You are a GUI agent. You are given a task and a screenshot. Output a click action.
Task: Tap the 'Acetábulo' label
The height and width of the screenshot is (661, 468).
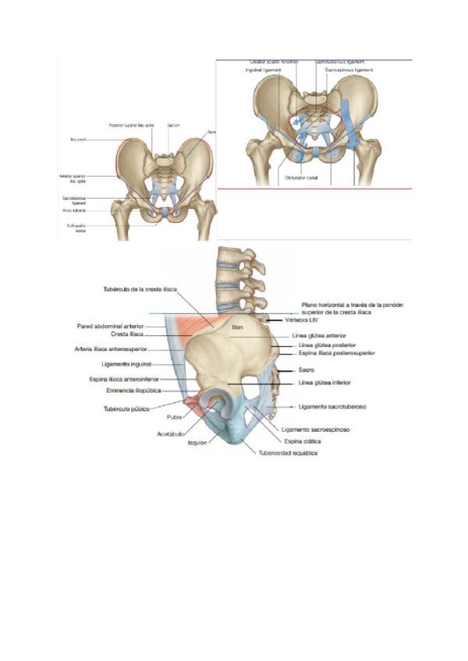pos(170,433)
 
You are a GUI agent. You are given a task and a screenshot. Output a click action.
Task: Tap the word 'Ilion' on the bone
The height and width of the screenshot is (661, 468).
pos(237,327)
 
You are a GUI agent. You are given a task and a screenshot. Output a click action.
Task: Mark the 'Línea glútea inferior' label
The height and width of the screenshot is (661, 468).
pos(324,383)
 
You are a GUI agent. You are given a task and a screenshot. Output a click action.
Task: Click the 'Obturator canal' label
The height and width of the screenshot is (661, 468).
pos(302,178)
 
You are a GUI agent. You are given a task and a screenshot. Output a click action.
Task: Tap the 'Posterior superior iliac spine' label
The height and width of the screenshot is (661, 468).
pos(130,125)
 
